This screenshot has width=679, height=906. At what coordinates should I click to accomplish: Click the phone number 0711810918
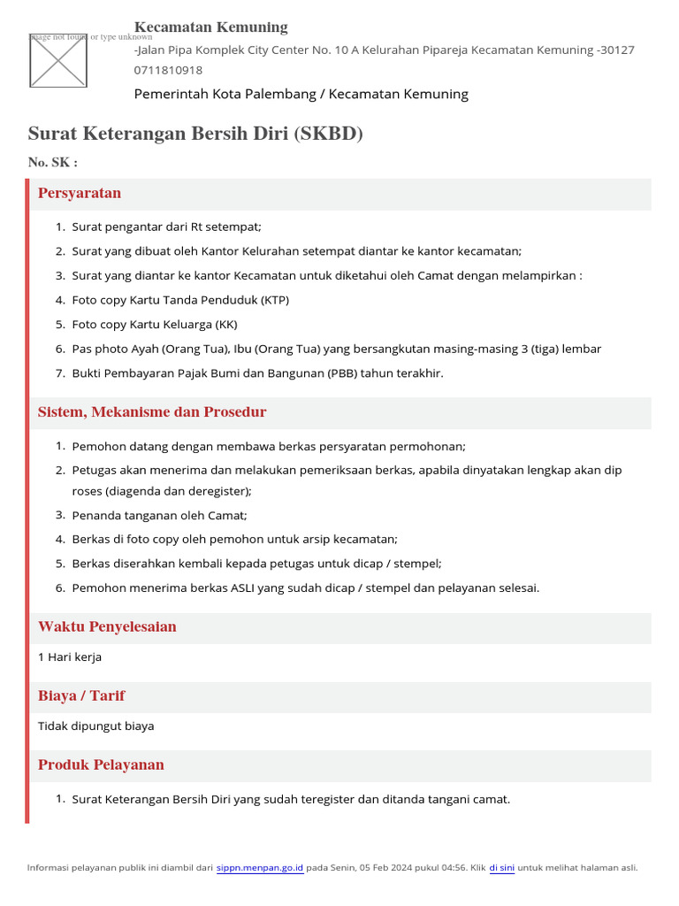[168, 70]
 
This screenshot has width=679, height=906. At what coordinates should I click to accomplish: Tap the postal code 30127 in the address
[616, 50]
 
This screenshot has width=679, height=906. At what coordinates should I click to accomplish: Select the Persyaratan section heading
[80, 193]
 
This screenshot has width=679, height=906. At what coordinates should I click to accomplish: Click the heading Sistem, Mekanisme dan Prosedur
[152, 412]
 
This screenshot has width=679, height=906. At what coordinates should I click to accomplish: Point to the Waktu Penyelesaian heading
[107, 626]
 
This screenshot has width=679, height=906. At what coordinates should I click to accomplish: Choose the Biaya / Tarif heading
[81, 695]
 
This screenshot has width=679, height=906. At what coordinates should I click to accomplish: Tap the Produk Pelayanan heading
[101, 764]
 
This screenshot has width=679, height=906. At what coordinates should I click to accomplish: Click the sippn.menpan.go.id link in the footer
[260, 868]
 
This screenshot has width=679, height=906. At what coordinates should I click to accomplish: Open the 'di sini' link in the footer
[501, 868]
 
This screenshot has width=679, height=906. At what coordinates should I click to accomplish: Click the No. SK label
[53, 162]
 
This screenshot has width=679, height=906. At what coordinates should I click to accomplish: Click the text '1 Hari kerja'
[70, 657]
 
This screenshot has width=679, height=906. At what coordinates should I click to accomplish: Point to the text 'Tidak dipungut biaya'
[96, 726]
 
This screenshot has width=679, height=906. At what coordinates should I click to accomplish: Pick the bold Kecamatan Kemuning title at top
[210, 27]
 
